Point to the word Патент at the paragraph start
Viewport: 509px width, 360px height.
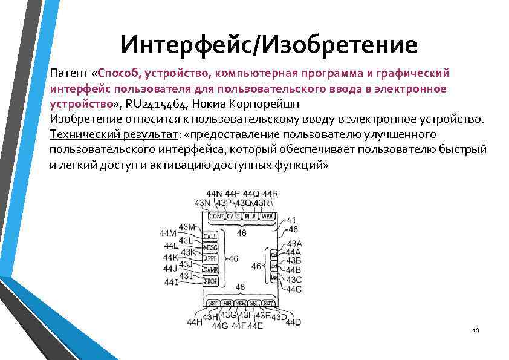pyautogui.click(x=68, y=73)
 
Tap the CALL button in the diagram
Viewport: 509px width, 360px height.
pyautogui.click(x=211, y=236)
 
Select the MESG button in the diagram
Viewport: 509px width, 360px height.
pyautogui.click(x=211, y=247)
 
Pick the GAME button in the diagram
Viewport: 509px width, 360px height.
pyautogui.click(x=211, y=270)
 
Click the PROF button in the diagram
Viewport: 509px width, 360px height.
pyautogui.click(x=211, y=281)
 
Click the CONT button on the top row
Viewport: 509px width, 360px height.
pyautogui.click(x=216, y=216)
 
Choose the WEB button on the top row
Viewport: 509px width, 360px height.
pyautogui.click(x=267, y=216)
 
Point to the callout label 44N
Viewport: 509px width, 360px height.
pyautogui.click(x=214, y=194)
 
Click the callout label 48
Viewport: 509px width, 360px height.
pyautogui.click(x=293, y=229)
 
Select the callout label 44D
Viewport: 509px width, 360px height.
pyautogui.click(x=293, y=322)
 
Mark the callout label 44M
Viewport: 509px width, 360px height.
pyautogui.click(x=168, y=233)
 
